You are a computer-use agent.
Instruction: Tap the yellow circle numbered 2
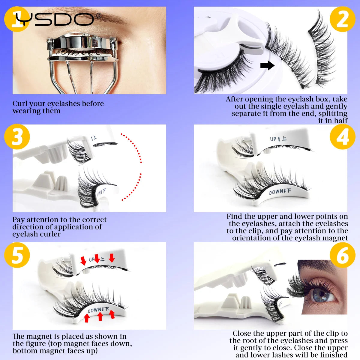point(342,19)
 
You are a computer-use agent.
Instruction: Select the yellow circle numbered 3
point(17,136)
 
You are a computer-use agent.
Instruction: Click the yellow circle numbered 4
point(342,136)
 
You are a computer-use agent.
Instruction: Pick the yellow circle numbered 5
point(17,255)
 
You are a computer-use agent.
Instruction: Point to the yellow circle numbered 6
point(342,255)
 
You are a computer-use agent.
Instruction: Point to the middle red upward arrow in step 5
point(100,316)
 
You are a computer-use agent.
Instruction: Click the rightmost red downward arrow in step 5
point(112,257)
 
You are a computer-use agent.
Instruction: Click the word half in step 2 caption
point(341,121)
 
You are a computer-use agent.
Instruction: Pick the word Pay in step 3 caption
point(19,220)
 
